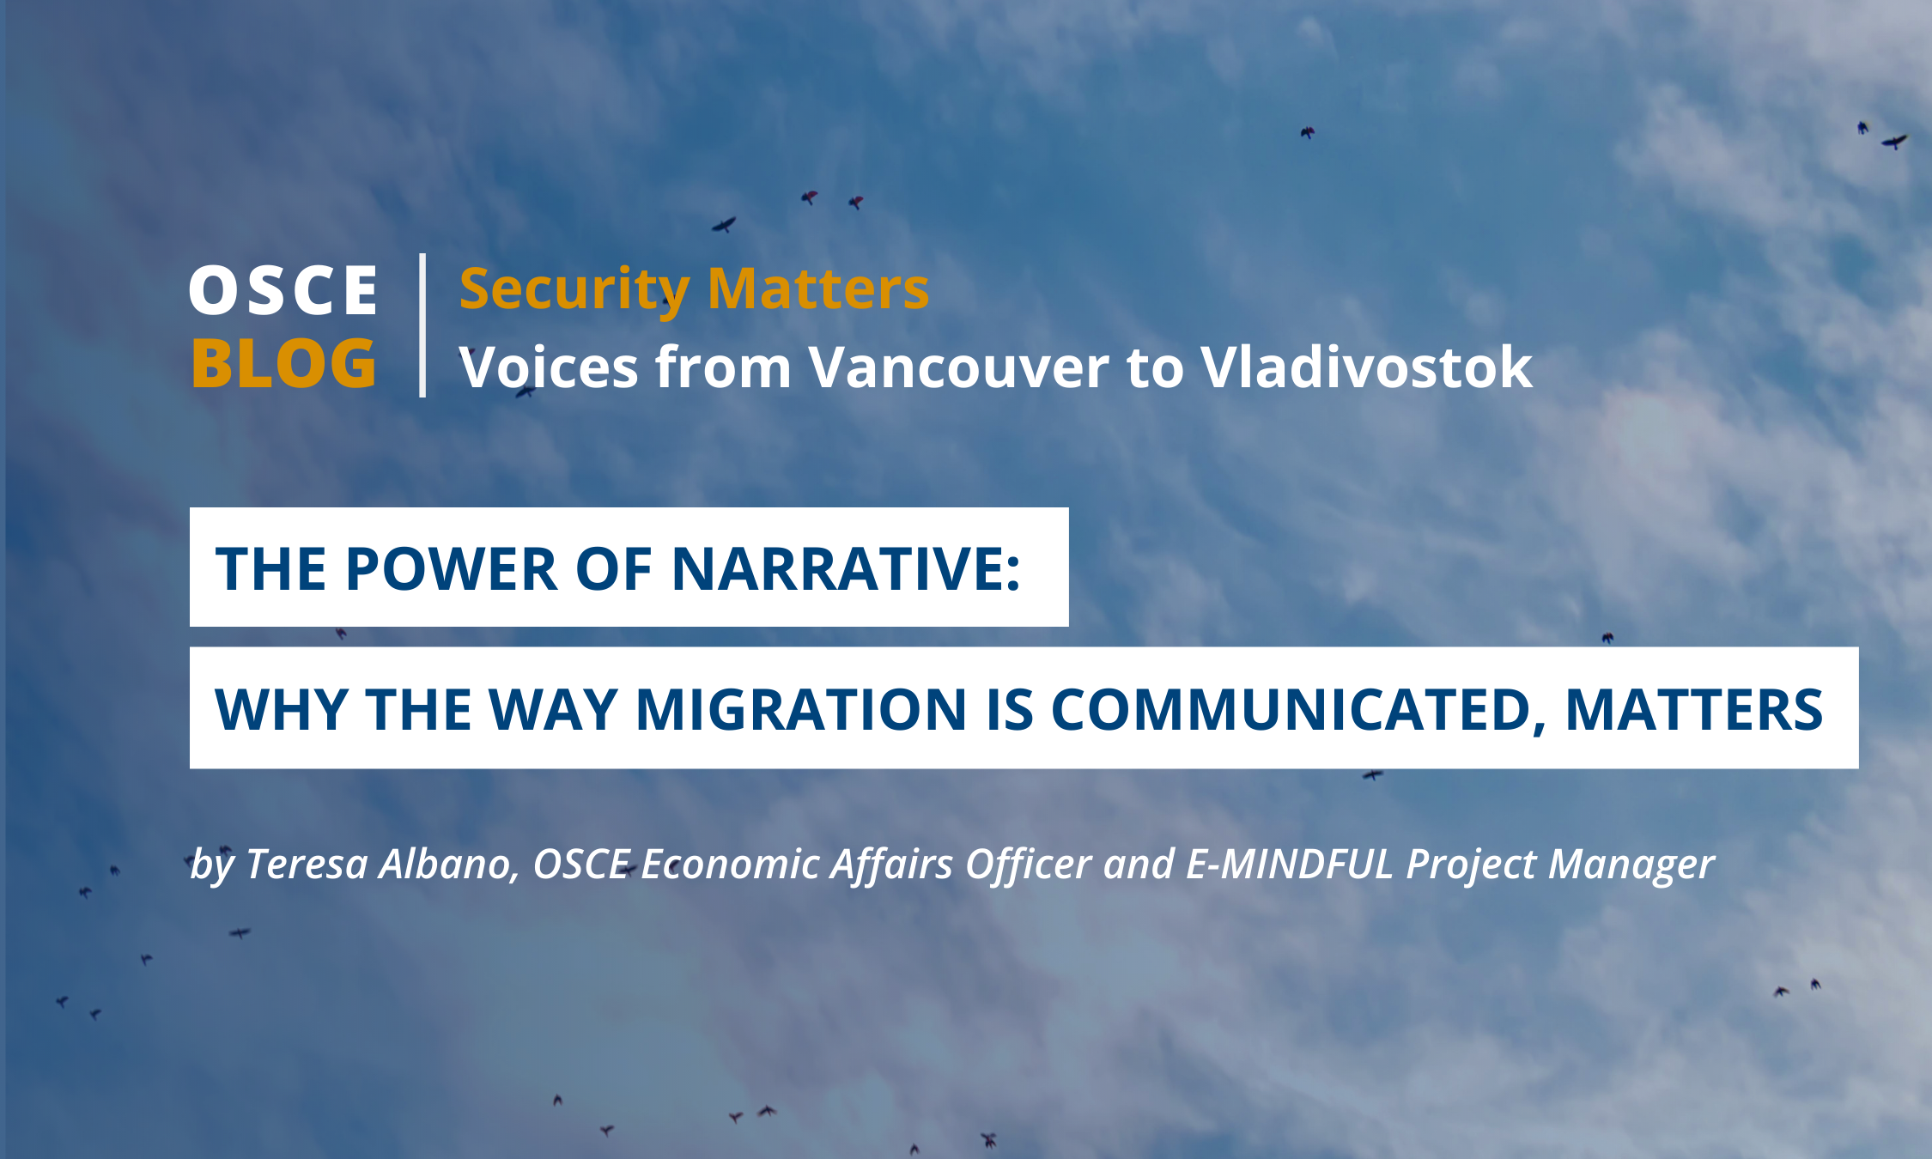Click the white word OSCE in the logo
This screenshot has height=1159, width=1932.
[283, 289]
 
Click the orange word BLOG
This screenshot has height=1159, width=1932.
[283, 362]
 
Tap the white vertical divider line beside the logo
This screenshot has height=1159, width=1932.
[422, 325]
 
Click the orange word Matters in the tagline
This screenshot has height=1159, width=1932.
[818, 288]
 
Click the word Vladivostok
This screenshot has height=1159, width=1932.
[1366, 367]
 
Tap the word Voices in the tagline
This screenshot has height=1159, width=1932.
[549, 367]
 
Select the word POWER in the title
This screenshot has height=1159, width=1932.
[452, 569]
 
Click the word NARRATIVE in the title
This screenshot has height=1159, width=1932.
[846, 569]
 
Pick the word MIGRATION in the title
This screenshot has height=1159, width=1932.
[801, 710]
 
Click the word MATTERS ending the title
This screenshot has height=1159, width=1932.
[1693, 710]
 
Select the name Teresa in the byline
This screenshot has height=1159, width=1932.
[307, 864]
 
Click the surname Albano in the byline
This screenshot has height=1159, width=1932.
[450, 865]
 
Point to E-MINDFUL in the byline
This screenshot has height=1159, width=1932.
[1289, 864]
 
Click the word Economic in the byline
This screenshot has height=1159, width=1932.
[730, 864]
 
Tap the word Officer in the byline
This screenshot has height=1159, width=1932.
[1028, 865]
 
